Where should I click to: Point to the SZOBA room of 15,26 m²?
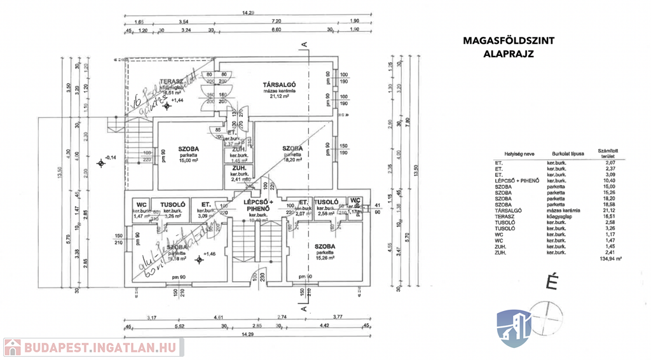pos(324,246)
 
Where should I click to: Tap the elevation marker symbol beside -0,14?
pos(101,164)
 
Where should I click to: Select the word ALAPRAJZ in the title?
pos(508,54)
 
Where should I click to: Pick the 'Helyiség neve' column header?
pos(509,153)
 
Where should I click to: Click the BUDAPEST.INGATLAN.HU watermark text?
pos(101,348)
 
